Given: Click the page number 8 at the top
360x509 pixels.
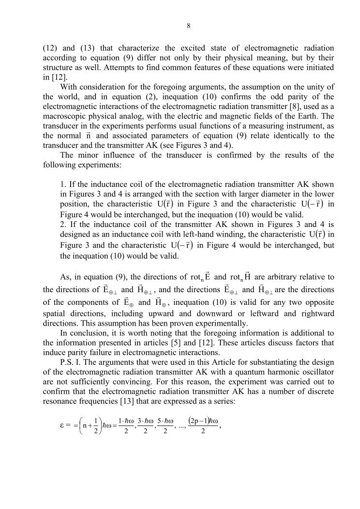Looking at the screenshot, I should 188,26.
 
